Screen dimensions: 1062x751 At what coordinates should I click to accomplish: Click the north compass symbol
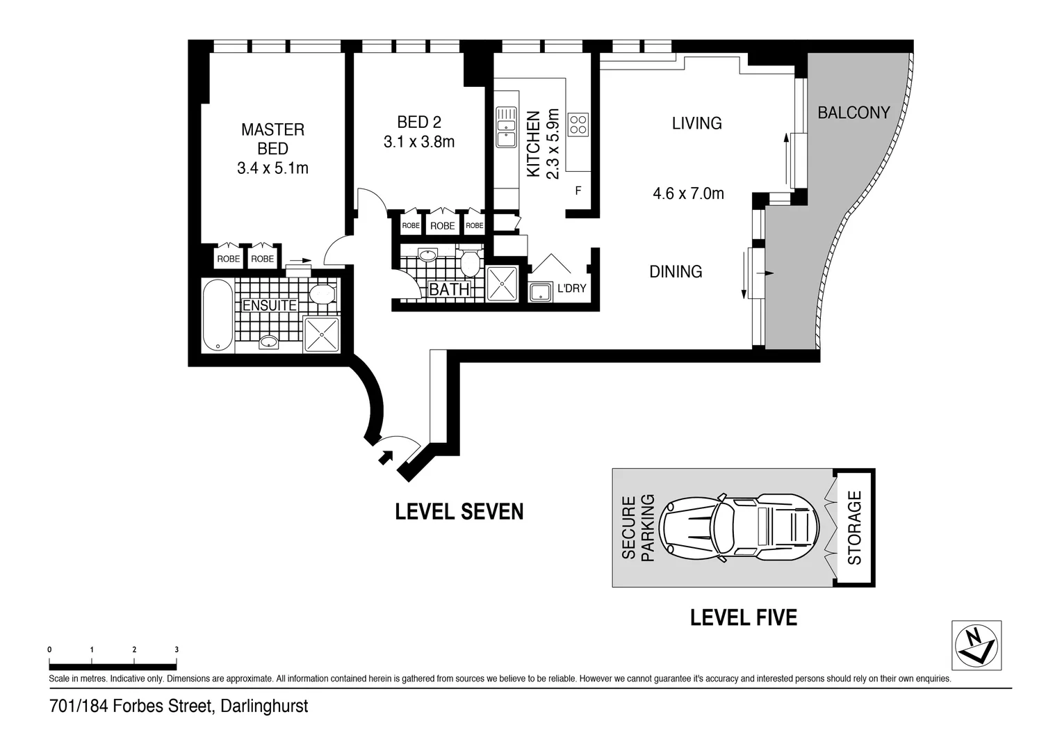click(977, 645)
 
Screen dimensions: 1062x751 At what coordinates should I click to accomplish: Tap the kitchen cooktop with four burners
click(578, 124)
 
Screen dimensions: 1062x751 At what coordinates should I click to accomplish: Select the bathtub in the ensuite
click(218, 316)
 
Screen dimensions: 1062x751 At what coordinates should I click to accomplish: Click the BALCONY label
click(854, 113)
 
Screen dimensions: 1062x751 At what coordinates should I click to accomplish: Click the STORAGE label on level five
click(854, 528)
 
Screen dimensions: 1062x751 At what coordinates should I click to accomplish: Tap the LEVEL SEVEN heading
click(459, 511)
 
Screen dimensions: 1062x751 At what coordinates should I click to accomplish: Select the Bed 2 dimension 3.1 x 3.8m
click(419, 142)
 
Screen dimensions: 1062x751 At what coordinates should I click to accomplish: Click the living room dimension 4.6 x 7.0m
click(688, 193)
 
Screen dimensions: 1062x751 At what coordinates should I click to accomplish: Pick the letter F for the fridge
click(578, 191)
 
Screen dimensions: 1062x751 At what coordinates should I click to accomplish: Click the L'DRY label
click(572, 288)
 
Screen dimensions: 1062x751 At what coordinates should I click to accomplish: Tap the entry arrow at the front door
click(386, 458)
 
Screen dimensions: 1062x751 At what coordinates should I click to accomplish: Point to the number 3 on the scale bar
click(177, 649)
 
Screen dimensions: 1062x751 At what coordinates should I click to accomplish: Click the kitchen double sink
click(507, 127)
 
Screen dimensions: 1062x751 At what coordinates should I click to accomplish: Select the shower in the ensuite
click(322, 334)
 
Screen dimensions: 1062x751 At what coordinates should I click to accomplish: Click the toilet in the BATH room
click(470, 261)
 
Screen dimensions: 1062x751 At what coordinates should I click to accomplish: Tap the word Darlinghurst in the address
click(264, 706)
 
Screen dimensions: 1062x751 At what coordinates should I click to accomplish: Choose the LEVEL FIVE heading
click(744, 617)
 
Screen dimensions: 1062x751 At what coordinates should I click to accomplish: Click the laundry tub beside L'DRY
click(541, 292)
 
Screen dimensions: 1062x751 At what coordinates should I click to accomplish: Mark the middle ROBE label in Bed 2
click(442, 226)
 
